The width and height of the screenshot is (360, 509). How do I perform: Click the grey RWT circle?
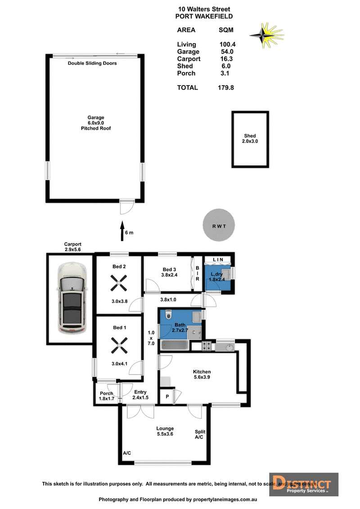click(218, 225)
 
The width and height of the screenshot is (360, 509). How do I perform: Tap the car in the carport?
click(72, 298)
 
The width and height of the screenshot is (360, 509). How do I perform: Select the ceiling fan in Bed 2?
click(119, 283)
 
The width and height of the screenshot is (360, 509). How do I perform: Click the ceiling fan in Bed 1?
click(119, 345)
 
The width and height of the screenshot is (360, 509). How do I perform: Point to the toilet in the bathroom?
click(168, 314)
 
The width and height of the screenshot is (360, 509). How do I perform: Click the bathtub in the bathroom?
click(175, 345)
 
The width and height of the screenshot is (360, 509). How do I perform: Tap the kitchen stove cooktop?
click(207, 347)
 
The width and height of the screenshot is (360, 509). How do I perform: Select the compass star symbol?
click(267, 35)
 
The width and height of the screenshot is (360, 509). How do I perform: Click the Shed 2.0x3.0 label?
click(250, 139)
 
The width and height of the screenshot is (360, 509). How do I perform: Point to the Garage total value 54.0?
click(227, 52)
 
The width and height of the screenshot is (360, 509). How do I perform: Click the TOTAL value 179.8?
click(225, 88)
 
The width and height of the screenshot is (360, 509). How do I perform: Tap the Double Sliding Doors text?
click(92, 63)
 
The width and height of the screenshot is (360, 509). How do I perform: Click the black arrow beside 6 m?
click(122, 231)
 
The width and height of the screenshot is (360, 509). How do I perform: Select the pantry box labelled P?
click(167, 396)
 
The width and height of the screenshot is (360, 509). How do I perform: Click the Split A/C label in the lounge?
click(200, 434)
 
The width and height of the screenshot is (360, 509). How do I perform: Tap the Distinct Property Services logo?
click(304, 484)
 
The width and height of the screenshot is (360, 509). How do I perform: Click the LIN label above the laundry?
click(218, 260)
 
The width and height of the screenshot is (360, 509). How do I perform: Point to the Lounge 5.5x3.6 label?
click(165, 431)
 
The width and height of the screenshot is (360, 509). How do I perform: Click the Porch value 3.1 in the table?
click(225, 73)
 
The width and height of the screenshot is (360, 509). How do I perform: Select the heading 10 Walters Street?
click(204, 9)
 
